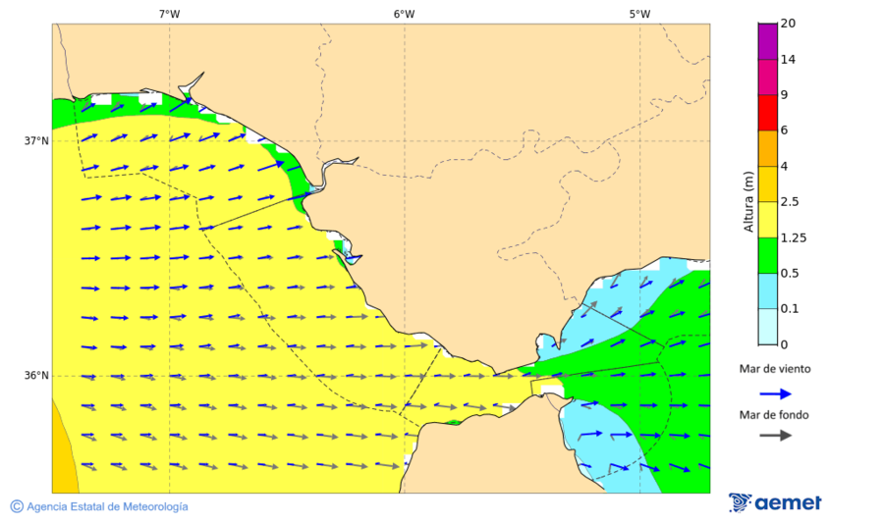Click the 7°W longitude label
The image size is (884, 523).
(x=169, y=14)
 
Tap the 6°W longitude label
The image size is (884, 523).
(x=404, y=14)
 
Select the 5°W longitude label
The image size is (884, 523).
(x=639, y=14)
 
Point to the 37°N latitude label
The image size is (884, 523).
(x=36, y=140)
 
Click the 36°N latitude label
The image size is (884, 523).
(x=36, y=376)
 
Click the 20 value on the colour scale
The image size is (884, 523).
(x=788, y=24)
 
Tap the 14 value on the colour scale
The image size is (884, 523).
(x=788, y=59)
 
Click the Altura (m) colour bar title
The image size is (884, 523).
(x=748, y=201)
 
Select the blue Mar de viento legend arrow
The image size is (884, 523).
(x=776, y=393)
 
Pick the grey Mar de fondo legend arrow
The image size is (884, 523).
(x=776, y=435)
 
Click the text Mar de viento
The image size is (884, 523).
(x=775, y=369)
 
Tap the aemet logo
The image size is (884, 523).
(x=776, y=502)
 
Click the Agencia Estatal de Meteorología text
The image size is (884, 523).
(x=107, y=506)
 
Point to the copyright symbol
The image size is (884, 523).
(x=17, y=506)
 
